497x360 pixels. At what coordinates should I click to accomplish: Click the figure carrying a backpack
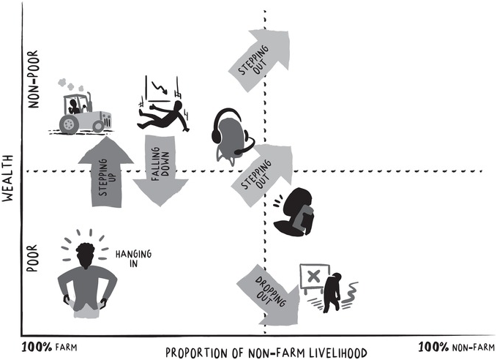pos(296,213)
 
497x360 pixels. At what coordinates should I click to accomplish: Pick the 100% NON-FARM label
pos(453,345)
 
